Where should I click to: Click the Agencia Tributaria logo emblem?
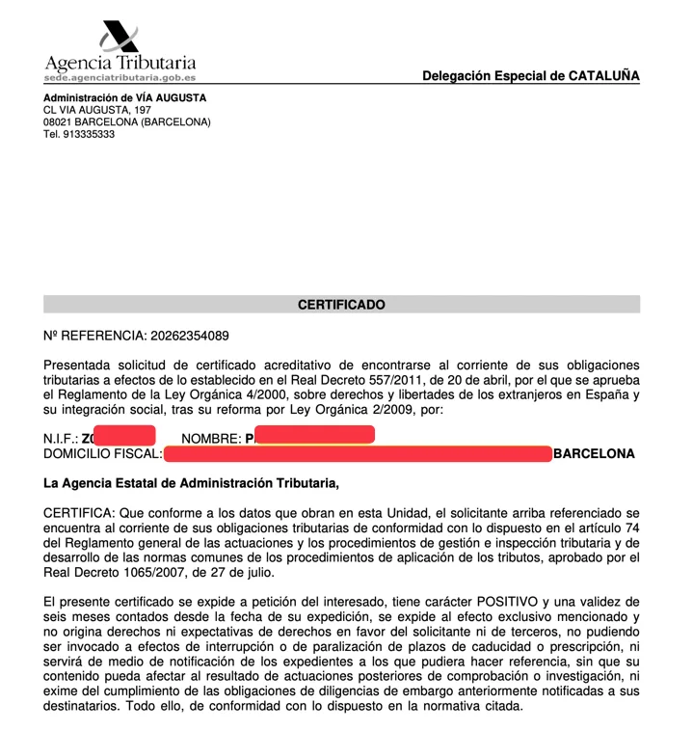pos(120,38)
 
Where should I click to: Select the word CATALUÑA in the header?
pos(603,76)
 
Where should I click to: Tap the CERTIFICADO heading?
pos(341,305)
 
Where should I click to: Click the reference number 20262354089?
pos(189,336)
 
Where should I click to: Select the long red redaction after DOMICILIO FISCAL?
pos(358,453)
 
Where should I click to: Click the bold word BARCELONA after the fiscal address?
pos(594,453)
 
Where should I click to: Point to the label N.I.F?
pos(60,439)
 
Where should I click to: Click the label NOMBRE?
pos(210,439)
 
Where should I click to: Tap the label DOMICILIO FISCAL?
pos(102,453)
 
